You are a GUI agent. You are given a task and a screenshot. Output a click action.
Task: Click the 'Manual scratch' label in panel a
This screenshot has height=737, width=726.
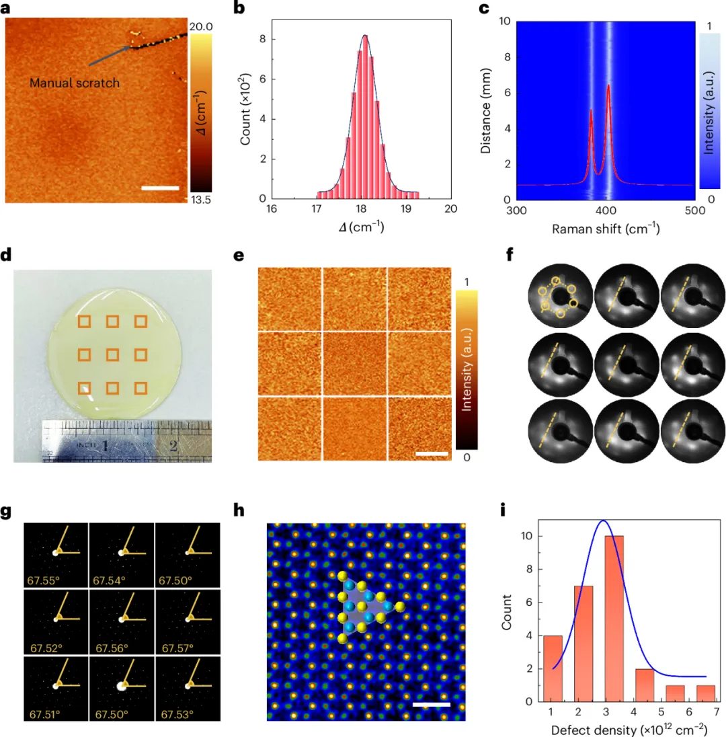[74, 83]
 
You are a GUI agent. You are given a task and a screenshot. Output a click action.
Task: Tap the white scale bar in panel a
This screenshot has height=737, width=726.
[161, 188]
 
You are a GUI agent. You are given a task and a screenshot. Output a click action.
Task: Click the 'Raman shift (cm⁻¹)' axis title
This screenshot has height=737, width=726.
[605, 229]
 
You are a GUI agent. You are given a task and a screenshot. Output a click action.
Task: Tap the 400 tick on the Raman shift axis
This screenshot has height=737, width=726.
[605, 210]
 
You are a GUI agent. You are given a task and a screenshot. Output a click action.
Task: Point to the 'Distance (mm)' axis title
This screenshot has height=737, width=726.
[488, 110]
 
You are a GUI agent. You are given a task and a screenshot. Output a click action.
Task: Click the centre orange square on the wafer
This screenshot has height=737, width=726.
[112, 354]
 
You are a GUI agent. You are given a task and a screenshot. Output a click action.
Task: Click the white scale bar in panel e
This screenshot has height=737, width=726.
[432, 454]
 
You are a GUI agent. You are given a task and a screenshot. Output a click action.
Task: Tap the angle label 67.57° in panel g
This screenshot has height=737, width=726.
[177, 648]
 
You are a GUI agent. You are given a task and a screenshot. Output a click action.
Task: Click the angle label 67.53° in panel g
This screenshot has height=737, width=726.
[177, 714]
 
